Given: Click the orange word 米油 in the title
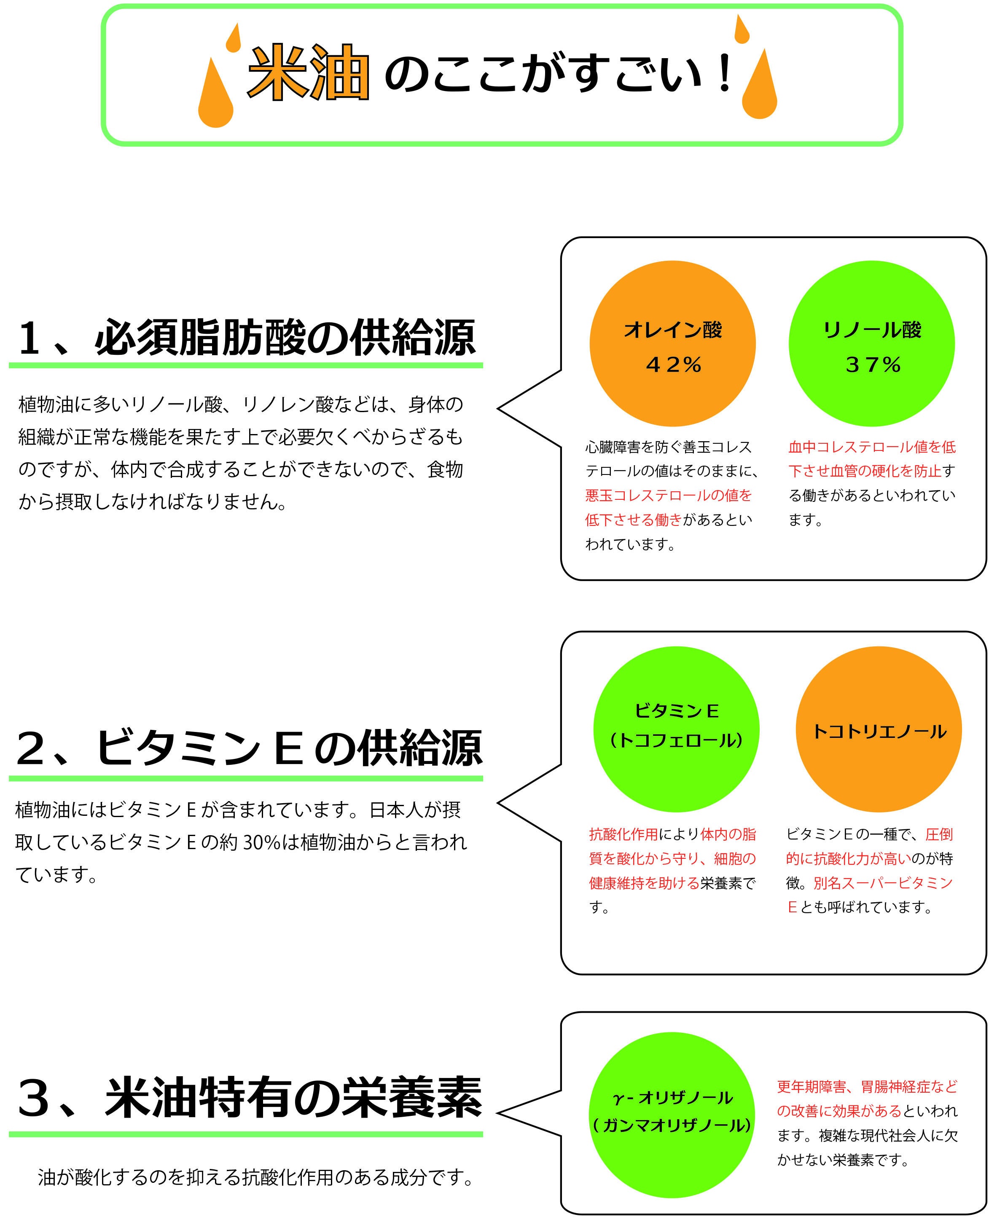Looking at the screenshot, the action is click(308, 73).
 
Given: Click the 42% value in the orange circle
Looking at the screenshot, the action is click(673, 365).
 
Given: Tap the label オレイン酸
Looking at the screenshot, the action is click(673, 330).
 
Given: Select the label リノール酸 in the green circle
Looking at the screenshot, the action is click(872, 330).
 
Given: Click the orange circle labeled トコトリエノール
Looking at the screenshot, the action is click(879, 729).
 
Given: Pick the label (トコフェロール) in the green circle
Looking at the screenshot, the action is click(677, 740).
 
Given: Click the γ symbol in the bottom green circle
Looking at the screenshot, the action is click(618, 1098).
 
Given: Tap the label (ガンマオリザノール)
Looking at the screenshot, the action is click(672, 1126).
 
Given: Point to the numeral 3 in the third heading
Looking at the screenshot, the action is click(33, 1098).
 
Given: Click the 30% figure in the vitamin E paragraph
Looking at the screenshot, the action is click(261, 842).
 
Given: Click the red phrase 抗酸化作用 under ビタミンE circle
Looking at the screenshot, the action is click(623, 834).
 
